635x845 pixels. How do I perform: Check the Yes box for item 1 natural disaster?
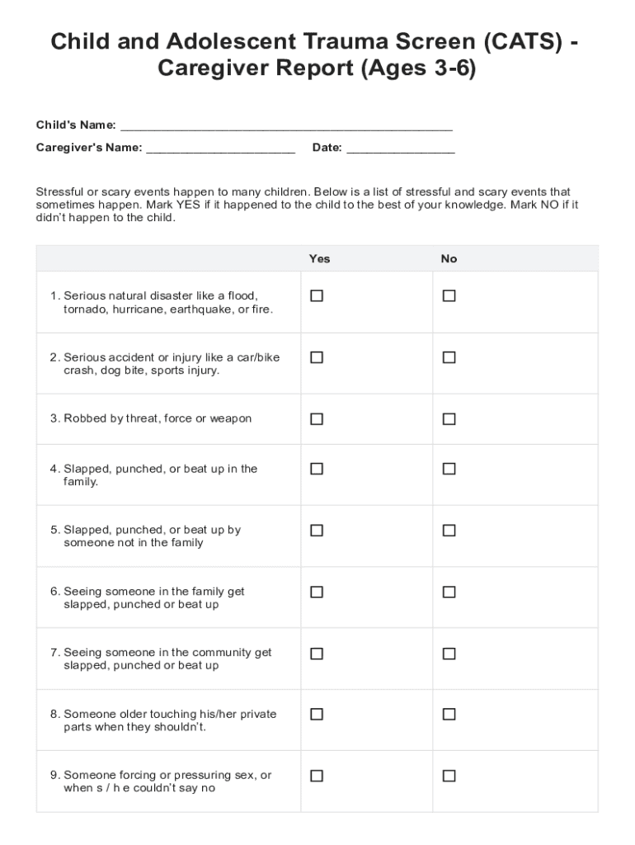(316, 295)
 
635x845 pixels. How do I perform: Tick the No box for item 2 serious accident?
(449, 357)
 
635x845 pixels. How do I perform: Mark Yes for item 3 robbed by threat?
(316, 419)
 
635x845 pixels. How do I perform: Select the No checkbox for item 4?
(449, 469)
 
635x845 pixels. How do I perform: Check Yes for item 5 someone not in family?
(316, 531)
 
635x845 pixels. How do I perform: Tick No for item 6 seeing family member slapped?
(449, 592)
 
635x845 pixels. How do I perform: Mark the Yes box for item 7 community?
(316, 654)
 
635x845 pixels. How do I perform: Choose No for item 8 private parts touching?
(449, 715)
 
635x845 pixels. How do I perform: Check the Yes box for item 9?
(316, 776)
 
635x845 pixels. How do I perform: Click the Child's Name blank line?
(286, 126)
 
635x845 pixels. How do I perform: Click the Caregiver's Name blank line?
(220, 149)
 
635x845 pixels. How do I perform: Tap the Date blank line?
(400, 149)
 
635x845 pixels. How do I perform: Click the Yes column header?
(319, 258)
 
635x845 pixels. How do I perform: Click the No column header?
(449, 258)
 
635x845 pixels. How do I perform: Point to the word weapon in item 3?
(230, 418)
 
